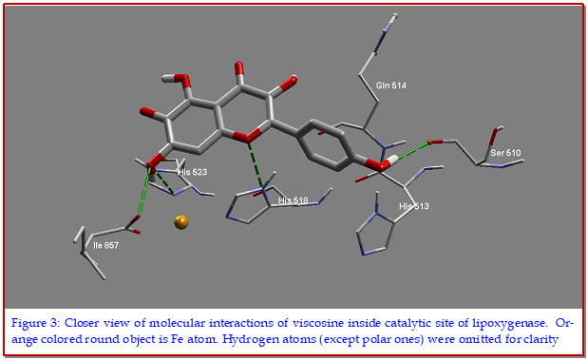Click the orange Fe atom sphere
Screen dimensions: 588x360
click(x=181, y=222)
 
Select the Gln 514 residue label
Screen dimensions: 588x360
click(x=391, y=85)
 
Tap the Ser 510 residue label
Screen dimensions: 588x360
click(x=505, y=153)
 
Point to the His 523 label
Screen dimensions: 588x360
click(x=193, y=172)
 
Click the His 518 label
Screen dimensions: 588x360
click(x=293, y=200)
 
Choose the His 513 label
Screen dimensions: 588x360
click(x=414, y=206)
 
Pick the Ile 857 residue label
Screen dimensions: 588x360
click(x=106, y=246)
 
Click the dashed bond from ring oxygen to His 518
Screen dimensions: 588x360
click(x=256, y=165)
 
